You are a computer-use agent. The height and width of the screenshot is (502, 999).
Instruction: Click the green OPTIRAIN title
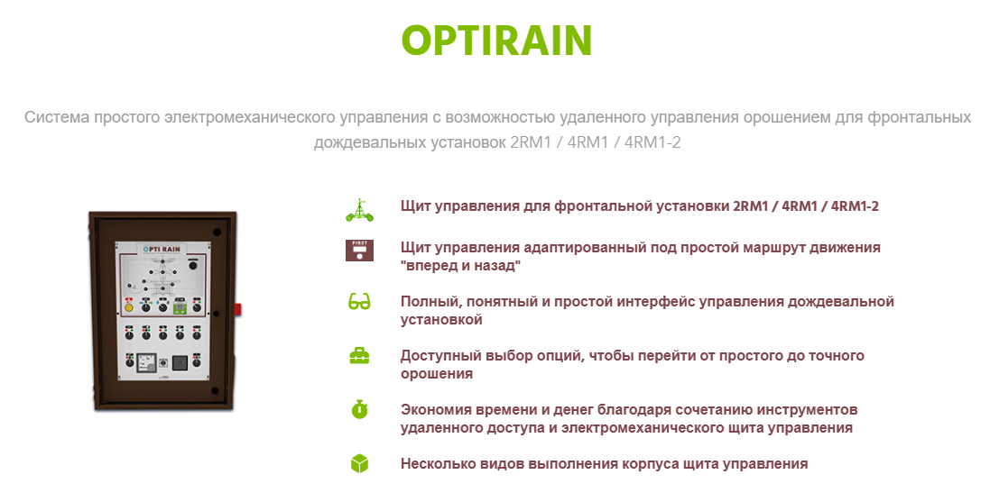pyautogui.click(x=496, y=40)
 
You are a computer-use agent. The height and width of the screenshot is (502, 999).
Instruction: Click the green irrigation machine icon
pyautogui.click(x=359, y=210)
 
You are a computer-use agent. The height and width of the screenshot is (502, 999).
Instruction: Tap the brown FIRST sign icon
pyautogui.click(x=359, y=250)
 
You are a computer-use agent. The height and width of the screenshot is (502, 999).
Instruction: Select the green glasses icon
pyautogui.click(x=359, y=301)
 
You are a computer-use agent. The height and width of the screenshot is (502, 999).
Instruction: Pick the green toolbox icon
pyautogui.click(x=359, y=356)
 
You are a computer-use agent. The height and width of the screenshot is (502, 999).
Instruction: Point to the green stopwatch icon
pyautogui.click(x=359, y=409)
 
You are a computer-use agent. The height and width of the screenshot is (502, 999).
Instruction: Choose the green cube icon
pyautogui.click(x=359, y=464)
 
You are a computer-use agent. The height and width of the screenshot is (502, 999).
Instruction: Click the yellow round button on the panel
pyautogui.click(x=129, y=307)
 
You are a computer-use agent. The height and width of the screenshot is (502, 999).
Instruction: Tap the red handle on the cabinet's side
pyautogui.click(x=238, y=310)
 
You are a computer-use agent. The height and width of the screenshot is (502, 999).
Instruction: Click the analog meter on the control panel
pyautogui.click(x=146, y=363)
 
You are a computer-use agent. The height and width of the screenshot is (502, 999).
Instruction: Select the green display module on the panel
pyautogui.click(x=180, y=307)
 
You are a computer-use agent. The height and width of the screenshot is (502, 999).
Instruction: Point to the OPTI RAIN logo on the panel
pyautogui.click(x=162, y=249)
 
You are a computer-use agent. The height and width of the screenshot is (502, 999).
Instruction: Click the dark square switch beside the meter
pyautogui.click(x=180, y=362)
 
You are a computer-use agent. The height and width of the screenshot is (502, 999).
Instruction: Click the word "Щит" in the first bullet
pyautogui.click(x=415, y=206)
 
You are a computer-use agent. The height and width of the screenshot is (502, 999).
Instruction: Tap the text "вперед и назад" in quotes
pyautogui.click(x=460, y=265)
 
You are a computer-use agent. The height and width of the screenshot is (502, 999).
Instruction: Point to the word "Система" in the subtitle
pyautogui.click(x=57, y=117)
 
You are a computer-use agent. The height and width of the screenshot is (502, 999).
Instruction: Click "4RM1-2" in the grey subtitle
pyautogui.click(x=652, y=141)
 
